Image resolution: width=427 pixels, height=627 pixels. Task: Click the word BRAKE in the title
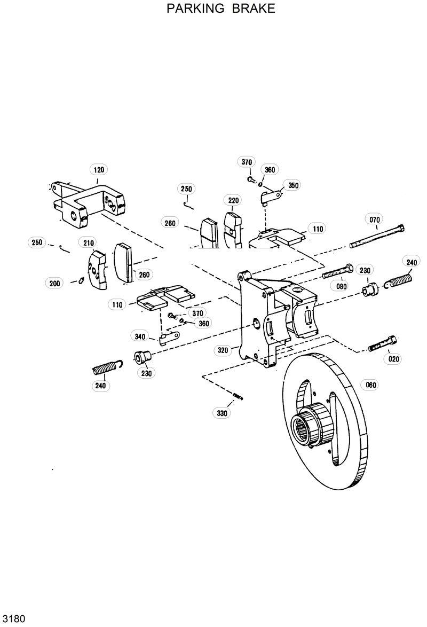254,9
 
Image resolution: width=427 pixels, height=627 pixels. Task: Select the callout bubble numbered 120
99,170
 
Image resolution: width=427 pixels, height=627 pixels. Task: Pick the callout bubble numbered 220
233,200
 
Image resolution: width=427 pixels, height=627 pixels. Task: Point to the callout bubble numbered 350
292,185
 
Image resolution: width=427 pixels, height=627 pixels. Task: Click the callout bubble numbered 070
375,220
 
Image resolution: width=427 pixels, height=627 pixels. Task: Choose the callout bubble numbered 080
342,286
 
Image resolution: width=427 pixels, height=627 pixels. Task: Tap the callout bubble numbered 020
393,359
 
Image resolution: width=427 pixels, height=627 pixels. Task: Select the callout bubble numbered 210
88,243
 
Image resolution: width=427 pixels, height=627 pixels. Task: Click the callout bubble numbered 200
54,283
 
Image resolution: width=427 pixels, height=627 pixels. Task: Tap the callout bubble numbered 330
222,413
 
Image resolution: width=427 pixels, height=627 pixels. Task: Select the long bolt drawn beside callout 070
377,238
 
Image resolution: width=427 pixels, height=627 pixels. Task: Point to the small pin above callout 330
238,395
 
